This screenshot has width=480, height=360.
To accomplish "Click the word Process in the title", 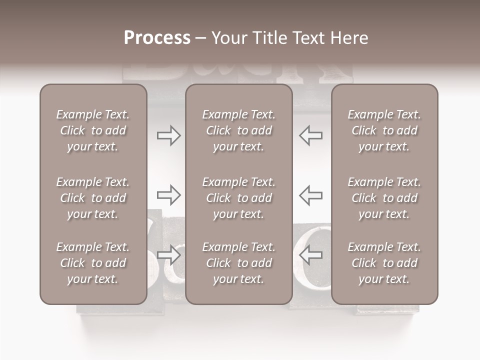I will point(157,38).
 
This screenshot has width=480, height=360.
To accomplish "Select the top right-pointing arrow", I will point(168,135).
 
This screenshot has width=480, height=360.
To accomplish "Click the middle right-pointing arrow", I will point(168,195).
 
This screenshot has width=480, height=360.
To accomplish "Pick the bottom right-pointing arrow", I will point(168,255).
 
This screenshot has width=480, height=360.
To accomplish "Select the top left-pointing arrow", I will point(311,135).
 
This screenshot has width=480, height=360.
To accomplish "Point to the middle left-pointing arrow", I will point(311,195).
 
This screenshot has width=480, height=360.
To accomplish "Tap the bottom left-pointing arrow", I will point(311,255).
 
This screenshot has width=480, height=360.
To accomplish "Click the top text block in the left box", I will point(93,130).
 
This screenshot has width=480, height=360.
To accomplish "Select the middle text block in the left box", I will point(93,198).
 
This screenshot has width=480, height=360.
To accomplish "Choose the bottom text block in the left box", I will point(93,263).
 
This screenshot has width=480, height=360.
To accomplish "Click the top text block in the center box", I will point(239,130).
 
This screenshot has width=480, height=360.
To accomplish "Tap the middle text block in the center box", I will point(239,198).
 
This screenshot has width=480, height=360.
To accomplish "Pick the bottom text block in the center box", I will point(239,263).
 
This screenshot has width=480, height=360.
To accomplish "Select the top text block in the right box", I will point(384,130).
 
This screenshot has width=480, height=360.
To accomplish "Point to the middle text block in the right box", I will point(384,198).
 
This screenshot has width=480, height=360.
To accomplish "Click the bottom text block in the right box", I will point(384,263).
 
